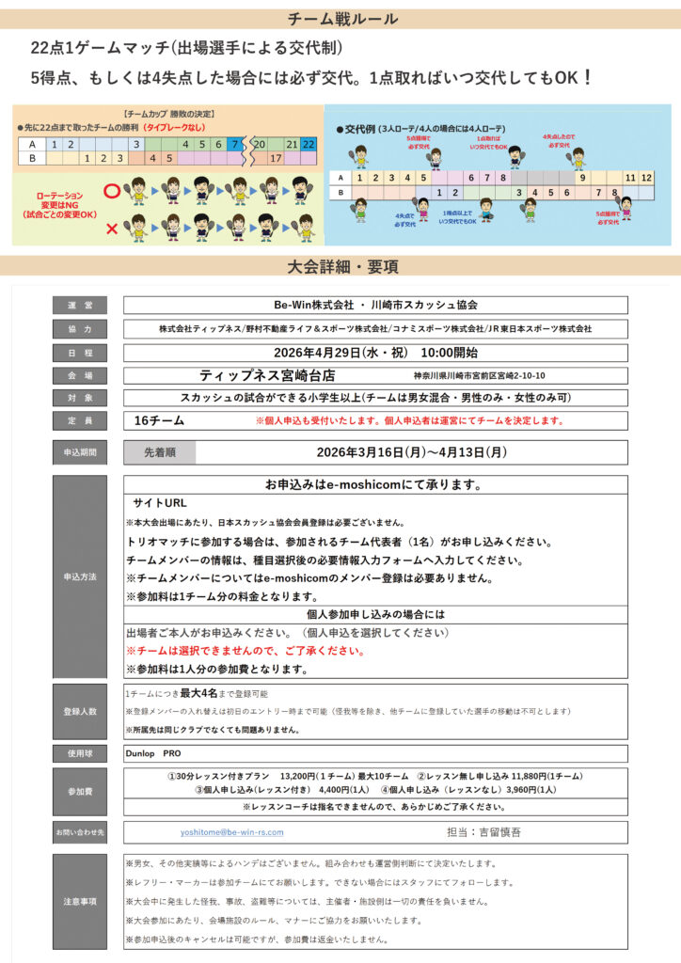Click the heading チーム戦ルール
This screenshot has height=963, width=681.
pyautogui.click(x=340, y=19)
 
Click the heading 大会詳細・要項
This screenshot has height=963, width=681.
pyautogui.click(x=340, y=266)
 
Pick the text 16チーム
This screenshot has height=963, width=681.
pyautogui.click(x=160, y=420)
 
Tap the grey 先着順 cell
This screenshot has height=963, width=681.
pyautogui.click(x=159, y=452)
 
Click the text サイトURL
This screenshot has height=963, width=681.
pyautogui.click(x=160, y=503)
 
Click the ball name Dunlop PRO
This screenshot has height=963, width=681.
pyautogui.click(x=153, y=753)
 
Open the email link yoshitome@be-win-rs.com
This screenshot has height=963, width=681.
pyautogui.click(x=232, y=832)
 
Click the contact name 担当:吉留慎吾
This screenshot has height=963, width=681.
pyautogui.click(x=486, y=832)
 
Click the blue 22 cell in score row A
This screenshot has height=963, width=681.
pyautogui.click(x=309, y=144)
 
